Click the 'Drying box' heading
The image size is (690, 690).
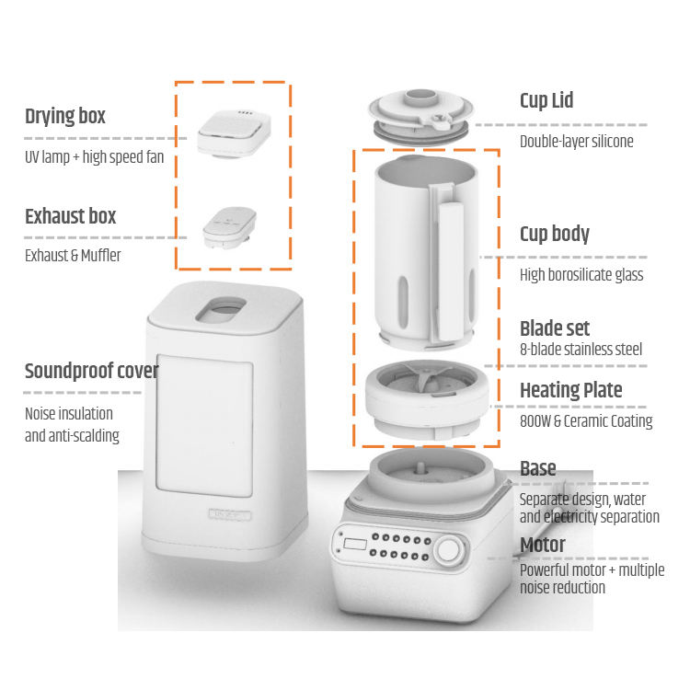[65, 117]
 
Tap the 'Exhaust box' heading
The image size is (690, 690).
[71, 216]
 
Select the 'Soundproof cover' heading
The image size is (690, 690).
[91, 372]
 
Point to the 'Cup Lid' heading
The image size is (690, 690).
[546, 101]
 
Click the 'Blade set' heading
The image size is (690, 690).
[555, 328]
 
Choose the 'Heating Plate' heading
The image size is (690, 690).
[571, 390]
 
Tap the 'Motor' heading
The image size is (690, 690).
[543, 545]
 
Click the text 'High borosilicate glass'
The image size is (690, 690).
[581, 275]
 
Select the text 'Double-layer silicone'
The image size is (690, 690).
[577, 142]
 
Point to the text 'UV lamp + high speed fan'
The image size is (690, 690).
[94, 157]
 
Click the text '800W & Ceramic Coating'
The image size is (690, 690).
[586, 421]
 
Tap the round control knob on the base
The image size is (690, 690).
[448, 550]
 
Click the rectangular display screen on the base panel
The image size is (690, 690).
[355, 544]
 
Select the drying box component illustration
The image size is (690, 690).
[234, 132]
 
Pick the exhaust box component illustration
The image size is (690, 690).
[230, 227]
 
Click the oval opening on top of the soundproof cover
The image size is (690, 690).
[221, 309]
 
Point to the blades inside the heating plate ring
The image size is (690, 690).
[425, 377]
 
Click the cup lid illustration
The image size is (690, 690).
[421, 116]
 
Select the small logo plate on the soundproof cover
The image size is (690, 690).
[230, 514]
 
